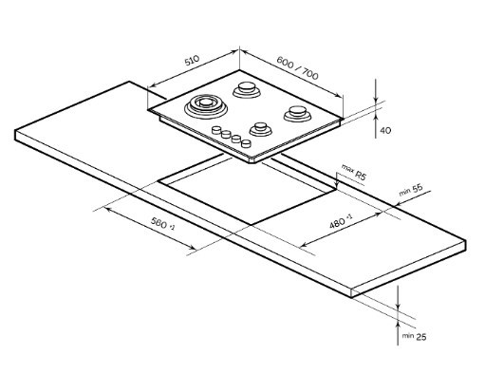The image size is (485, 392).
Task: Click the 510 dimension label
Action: [192, 60]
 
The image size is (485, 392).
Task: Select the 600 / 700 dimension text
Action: [297, 67]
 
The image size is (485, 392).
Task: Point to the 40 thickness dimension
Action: [385, 130]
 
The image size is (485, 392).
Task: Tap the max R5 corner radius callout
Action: [354, 172]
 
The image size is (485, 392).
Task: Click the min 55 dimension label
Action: [411, 189]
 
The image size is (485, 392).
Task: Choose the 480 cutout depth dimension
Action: [341, 221]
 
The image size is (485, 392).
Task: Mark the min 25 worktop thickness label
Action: [414, 336]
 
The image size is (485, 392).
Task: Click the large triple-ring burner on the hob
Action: [206, 105]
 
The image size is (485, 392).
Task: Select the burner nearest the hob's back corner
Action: [247, 89]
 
